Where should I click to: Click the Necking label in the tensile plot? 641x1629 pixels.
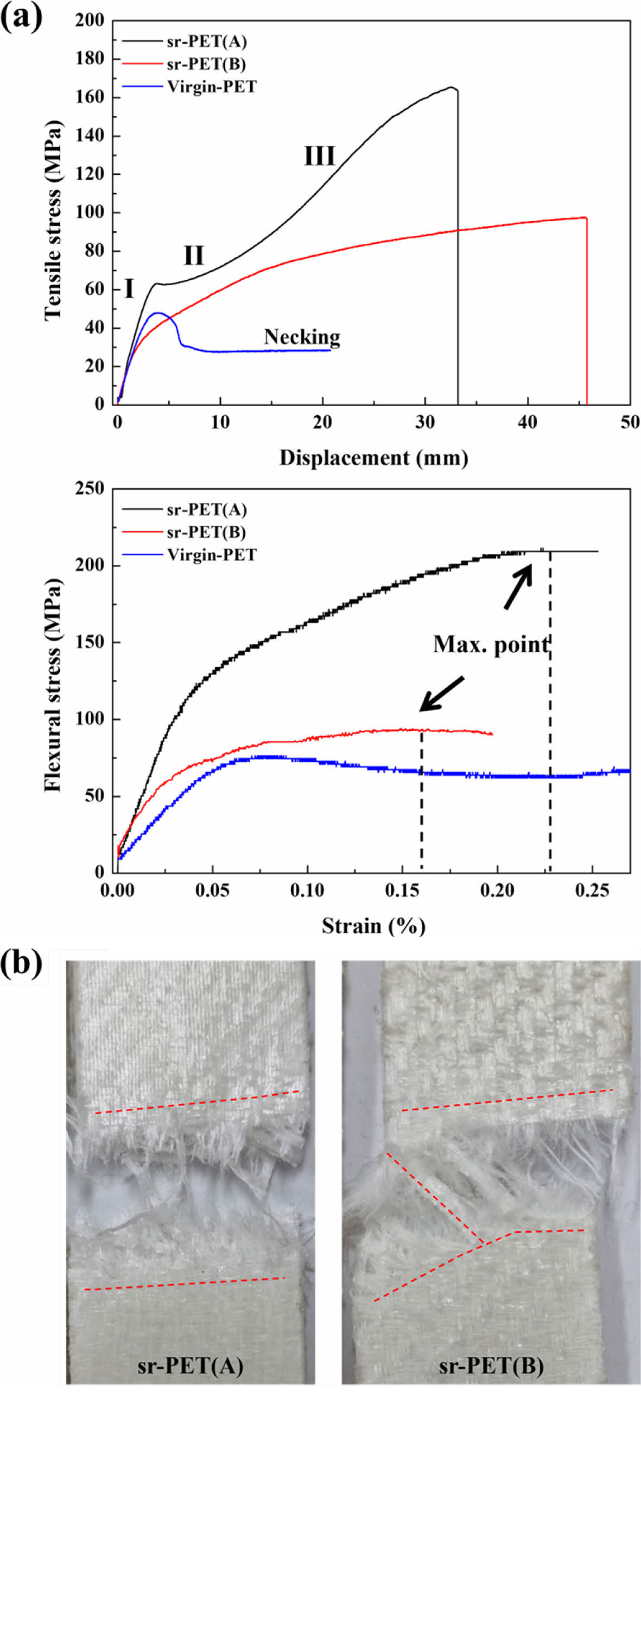point(302,337)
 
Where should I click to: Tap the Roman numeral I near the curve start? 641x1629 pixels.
point(129,289)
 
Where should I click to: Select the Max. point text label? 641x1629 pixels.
point(491,645)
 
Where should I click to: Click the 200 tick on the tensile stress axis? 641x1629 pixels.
point(89,20)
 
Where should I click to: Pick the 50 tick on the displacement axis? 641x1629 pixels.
point(630,422)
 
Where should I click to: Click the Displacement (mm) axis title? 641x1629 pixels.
point(373,457)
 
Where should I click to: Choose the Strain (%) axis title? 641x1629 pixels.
point(373,926)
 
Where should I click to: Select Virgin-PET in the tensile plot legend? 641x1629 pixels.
point(212,87)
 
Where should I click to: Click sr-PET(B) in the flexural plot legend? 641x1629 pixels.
point(206,532)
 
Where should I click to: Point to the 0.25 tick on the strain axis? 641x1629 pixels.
point(592,891)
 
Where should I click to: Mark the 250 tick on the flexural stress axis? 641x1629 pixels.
point(89,489)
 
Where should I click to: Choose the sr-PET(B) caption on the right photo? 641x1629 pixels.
point(491,1366)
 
